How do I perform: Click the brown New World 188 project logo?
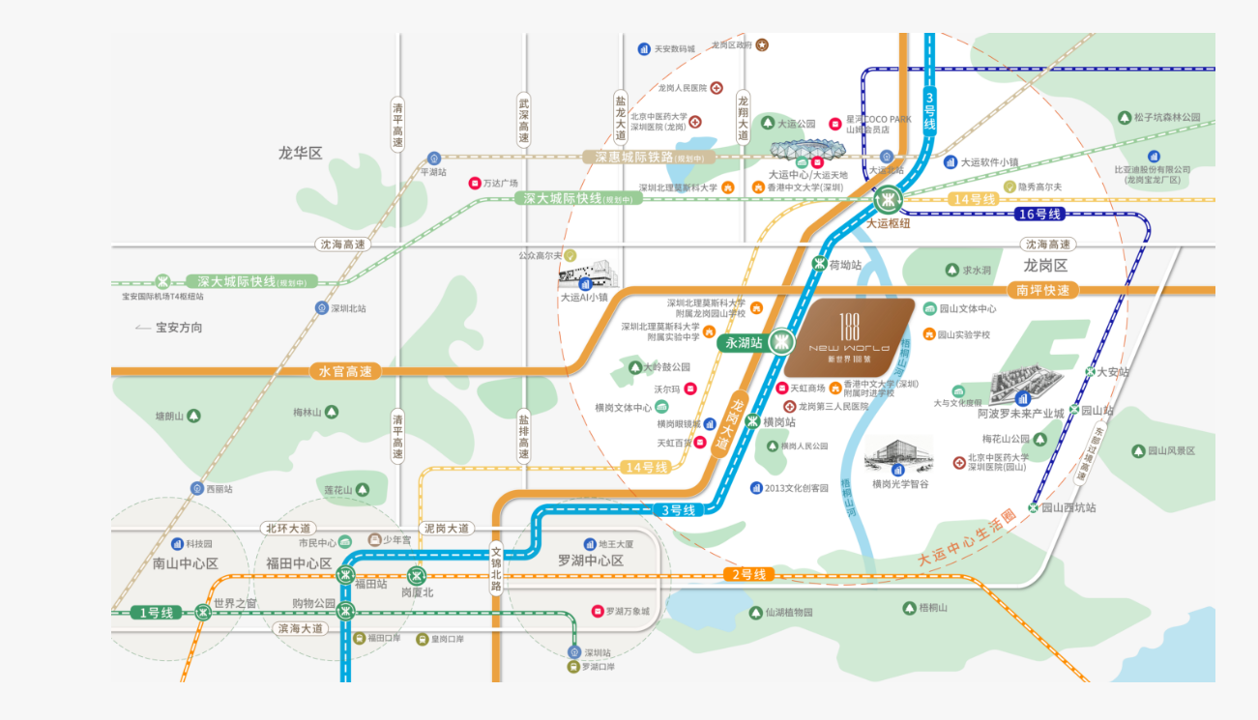click(x=849, y=337)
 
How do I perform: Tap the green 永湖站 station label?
click(x=744, y=342)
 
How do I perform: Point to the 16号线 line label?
click(x=1039, y=214)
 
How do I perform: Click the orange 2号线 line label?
click(x=749, y=575)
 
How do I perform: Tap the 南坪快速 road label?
click(x=1043, y=290)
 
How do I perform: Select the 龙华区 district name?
click(x=300, y=153)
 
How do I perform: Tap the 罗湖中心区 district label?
click(x=590, y=562)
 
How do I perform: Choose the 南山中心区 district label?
click(x=186, y=563)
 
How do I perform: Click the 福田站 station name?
click(x=370, y=584)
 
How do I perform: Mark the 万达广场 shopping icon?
click(x=475, y=183)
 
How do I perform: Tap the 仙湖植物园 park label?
click(x=789, y=612)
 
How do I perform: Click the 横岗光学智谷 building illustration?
click(x=898, y=453)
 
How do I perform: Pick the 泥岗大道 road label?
click(x=447, y=529)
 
